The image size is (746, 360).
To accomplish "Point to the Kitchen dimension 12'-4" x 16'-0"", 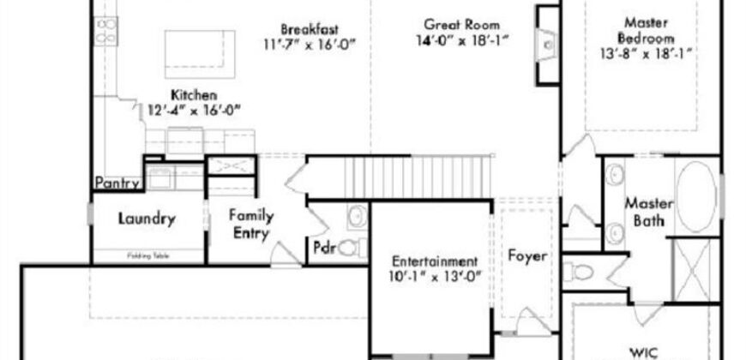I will (x=194, y=109).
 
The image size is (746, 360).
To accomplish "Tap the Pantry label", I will (x=117, y=183).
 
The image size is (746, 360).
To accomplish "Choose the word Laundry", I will (x=147, y=219).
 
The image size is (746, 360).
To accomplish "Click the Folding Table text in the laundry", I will (x=145, y=255).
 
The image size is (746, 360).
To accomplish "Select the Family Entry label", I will (x=250, y=224).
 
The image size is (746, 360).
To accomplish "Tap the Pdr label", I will (x=325, y=249).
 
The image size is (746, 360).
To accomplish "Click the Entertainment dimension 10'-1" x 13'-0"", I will (x=433, y=275).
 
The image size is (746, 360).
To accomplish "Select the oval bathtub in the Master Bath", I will (x=695, y=196).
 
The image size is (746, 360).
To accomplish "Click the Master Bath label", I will (x=647, y=213).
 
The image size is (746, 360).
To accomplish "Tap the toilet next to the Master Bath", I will (x=582, y=273).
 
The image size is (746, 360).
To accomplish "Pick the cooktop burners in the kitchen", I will (x=106, y=33).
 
